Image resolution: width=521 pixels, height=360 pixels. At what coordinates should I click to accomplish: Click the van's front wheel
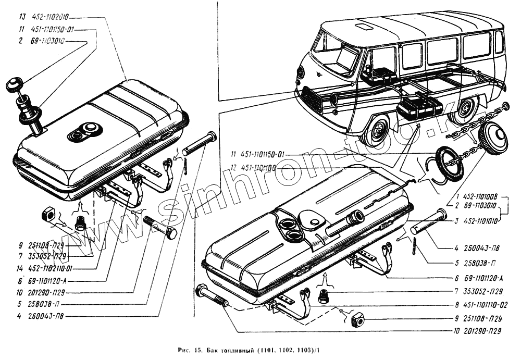click(x=376, y=130)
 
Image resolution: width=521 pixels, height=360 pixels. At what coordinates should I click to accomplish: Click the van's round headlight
click(x=300, y=72)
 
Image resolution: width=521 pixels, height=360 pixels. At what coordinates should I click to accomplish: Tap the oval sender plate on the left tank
click(x=85, y=132)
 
